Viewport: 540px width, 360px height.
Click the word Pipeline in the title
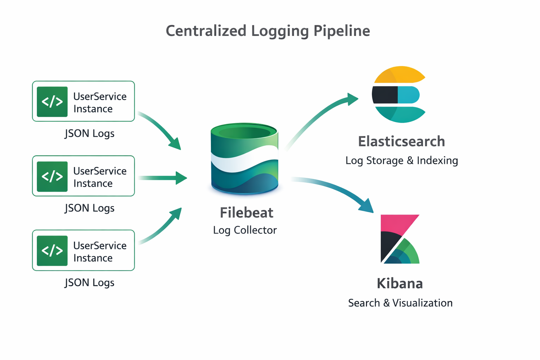[x=341, y=31]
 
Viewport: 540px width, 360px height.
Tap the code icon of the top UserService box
[x=52, y=102]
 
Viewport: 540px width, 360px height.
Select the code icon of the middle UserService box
[x=52, y=176]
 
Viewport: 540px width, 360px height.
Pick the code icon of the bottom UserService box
[x=52, y=251]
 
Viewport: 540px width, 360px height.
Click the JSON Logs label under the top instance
[x=90, y=134]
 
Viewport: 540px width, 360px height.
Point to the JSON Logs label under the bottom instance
[x=90, y=283]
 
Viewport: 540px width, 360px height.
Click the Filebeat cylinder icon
[x=245, y=158]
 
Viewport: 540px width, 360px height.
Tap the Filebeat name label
[x=246, y=213]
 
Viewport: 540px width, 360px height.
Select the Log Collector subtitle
[x=245, y=230]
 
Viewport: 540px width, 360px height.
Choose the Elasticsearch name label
[x=401, y=141]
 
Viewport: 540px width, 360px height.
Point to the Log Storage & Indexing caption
[x=401, y=161]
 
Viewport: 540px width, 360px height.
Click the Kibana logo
[x=400, y=239]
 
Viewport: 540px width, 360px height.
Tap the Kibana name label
[x=400, y=283]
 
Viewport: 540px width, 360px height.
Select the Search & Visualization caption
[x=400, y=303]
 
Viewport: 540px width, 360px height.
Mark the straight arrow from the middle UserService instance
[x=162, y=178]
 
